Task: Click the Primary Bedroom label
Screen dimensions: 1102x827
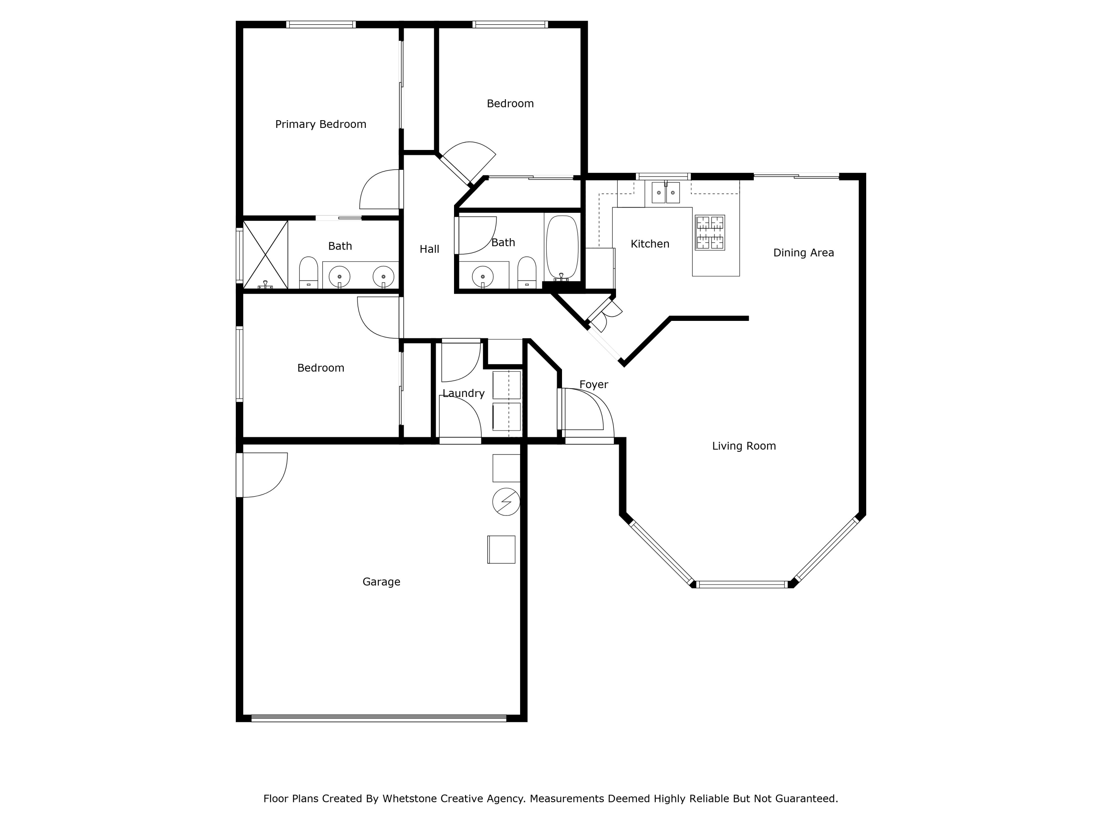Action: click(320, 125)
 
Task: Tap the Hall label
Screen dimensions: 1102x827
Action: click(429, 249)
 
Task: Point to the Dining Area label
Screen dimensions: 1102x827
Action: click(803, 253)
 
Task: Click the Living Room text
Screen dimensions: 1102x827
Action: click(743, 446)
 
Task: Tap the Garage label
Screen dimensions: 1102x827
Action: click(381, 582)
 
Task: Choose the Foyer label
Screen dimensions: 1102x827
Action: click(593, 385)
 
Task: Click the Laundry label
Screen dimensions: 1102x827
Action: click(463, 393)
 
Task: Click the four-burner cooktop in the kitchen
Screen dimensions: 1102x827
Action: click(710, 233)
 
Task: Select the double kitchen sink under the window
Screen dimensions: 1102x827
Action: click(666, 193)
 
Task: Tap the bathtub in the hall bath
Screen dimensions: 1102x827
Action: click(562, 248)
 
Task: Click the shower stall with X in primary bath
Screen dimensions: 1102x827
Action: click(266, 255)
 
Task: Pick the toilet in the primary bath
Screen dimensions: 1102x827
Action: click(309, 272)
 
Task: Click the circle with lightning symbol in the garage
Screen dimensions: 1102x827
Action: click(506, 501)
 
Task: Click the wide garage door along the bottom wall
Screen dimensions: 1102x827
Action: click(379, 718)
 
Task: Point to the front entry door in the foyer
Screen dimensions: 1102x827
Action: click(583, 410)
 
